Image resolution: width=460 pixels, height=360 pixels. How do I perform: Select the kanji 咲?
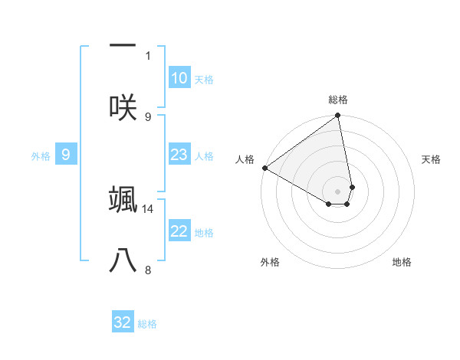[x=123, y=106]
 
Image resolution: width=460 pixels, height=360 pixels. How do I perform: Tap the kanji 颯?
[x=123, y=199]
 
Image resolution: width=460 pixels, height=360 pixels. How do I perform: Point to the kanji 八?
[x=123, y=260]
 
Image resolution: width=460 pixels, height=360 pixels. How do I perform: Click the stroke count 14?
[x=148, y=208]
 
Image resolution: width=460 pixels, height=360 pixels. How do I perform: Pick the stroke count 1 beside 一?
[x=148, y=55]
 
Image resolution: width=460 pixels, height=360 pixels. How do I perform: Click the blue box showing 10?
[x=179, y=78]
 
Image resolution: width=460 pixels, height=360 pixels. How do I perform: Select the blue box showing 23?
[x=179, y=155]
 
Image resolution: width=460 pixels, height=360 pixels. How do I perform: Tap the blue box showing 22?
[x=179, y=231]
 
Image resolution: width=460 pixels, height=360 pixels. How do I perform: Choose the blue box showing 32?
[x=123, y=322]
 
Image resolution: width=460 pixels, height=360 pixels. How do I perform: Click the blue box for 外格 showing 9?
[x=66, y=155]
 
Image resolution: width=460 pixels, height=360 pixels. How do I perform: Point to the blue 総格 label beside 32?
[x=147, y=324]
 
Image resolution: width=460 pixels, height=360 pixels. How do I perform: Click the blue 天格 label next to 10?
[x=203, y=80]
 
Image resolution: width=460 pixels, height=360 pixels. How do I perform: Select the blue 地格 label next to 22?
[x=204, y=233]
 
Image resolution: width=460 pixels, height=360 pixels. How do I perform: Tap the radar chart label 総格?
[x=338, y=100]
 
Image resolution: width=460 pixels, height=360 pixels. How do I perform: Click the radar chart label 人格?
[x=245, y=159]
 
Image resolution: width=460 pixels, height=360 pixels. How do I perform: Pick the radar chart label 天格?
[x=431, y=159]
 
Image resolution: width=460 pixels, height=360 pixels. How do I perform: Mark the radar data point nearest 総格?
[x=338, y=116]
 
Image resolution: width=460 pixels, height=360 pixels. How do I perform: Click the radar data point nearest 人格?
[x=264, y=168]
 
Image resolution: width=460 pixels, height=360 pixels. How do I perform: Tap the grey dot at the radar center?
[x=338, y=191]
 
